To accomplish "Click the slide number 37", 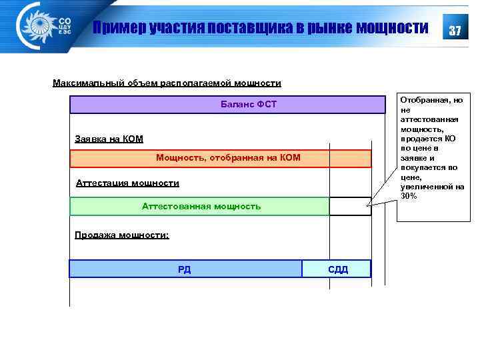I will pos(455,31).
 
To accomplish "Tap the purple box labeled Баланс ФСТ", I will pos(228,105).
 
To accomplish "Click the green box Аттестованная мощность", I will pos(200,207).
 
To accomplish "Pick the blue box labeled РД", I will pos(185,269).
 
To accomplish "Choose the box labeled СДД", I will pos(337,269).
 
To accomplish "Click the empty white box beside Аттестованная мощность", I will pos(350,207).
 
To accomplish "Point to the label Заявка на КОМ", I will pos(109,139).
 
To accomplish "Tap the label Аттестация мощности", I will pos(127,183).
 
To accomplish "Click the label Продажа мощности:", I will pos(122,235).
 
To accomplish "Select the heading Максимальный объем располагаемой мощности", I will pos(167,83).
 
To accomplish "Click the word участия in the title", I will pos(171,28).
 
